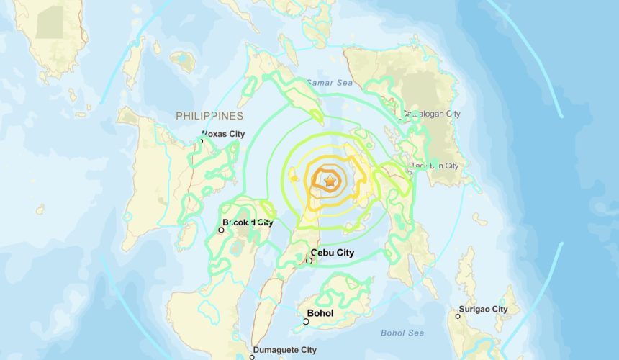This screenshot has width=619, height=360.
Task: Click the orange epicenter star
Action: pos(330,182)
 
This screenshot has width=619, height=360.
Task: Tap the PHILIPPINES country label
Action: pos(209,116)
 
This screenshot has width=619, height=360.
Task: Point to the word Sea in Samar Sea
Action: pos(345,84)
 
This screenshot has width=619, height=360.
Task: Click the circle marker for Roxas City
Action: pos(202,141)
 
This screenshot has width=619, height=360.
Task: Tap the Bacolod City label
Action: pos(248,223)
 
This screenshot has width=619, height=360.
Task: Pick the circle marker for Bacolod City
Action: pos(222,230)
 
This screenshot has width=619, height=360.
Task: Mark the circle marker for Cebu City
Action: pos(309,260)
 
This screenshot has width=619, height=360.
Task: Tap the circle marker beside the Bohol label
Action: pos(306,322)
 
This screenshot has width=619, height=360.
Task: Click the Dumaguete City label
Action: pos(288,350)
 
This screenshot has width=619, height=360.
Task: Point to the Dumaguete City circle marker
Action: pos(253,357)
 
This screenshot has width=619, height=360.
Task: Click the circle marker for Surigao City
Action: pos(458,316)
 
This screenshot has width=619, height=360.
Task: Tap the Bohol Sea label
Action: pos(402,333)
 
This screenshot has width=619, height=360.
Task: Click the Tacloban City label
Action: pos(435,166)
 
